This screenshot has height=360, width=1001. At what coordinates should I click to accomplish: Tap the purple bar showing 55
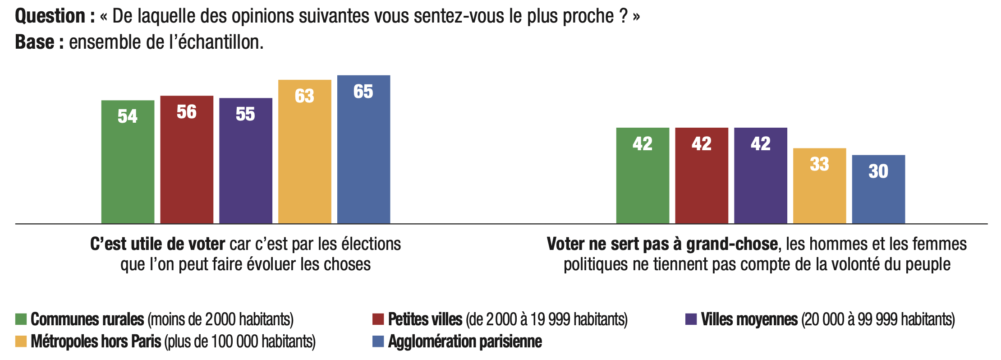pyautogui.click(x=246, y=161)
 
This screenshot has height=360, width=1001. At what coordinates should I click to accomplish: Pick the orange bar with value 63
pyautogui.click(x=305, y=152)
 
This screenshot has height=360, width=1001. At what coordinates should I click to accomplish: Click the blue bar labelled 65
pyautogui.click(x=363, y=149)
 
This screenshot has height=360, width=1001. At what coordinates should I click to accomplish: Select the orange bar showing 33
pyautogui.click(x=819, y=186)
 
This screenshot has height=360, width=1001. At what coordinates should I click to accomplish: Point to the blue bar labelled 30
pyautogui.click(x=878, y=189)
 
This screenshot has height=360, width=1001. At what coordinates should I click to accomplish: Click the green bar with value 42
pyautogui.click(x=643, y=175)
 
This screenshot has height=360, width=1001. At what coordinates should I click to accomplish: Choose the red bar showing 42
pyautogui.click(x=702, y=175)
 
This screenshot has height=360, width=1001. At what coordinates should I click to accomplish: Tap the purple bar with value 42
pyautogui.click(x=761, y=175)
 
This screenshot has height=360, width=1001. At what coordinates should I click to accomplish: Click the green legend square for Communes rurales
pyautogui.click(x=21, y=319)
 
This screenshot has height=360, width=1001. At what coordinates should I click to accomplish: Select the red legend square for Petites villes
pyautogui.click(x=378, y=319)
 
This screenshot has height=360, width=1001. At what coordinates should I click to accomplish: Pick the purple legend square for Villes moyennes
pyautogui.click(x=691, y=319)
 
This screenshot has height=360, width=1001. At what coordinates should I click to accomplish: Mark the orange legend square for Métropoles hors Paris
pyautogui.click(x=21, y=342)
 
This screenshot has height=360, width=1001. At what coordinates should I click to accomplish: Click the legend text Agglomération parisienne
pyautogui.click(x=465, y=342)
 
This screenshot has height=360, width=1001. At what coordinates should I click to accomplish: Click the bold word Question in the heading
pyautogui.click(x=50, y=16)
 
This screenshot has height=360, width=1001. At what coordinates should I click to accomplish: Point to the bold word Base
pyautogui.click(x=35, y=42)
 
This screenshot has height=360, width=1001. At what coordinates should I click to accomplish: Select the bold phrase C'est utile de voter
pyautogui.click(x=157, y=244)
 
